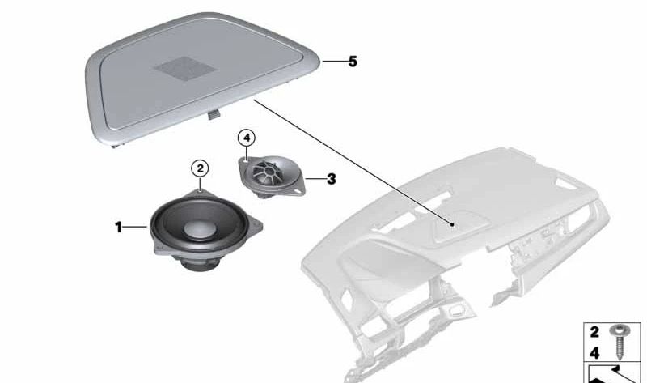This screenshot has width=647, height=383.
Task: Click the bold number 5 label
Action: [353, 62]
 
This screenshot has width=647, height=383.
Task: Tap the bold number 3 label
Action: [332, 179]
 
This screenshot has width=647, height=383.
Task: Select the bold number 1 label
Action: [118, 228]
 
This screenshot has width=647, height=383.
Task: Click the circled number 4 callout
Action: [247, 138]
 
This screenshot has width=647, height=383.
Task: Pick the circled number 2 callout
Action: [200, 168]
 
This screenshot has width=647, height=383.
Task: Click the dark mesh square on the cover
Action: [185, 69]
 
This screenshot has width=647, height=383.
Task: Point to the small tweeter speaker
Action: [272, 177]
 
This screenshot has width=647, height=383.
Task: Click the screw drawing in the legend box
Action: [620, 341]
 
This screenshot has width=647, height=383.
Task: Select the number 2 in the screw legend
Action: [594, 332]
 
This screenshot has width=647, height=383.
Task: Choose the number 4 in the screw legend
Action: [594, 353]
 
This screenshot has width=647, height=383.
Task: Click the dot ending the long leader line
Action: [453, 225]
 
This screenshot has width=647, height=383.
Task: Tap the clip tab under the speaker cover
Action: [214, 114]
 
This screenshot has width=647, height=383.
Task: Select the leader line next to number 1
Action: [136, 227]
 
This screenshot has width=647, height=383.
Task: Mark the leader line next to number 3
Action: [315, 179]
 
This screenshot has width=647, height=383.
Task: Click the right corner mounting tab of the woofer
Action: [256, 227]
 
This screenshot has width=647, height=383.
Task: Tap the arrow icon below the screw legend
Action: [614, 374]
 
